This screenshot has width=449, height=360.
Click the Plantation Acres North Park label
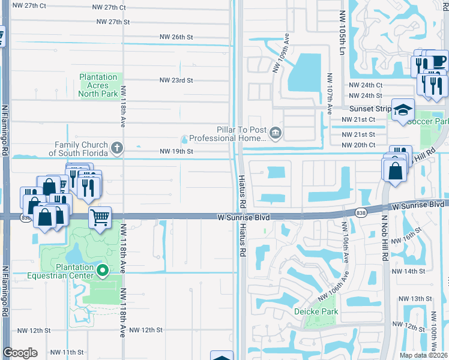98,85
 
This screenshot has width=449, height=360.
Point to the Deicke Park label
316,311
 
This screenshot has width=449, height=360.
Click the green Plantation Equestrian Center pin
103,271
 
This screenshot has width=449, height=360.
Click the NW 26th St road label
176,37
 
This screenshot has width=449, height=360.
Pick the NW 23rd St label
176,80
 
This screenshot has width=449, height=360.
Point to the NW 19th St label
176,152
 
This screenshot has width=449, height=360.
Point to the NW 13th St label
415,298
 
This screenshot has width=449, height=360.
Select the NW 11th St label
67,352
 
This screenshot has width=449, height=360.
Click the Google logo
20,353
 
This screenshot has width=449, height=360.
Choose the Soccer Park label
428,122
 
